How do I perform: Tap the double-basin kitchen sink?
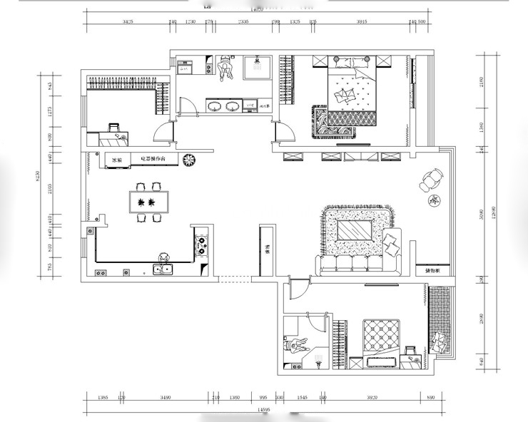(163, 269)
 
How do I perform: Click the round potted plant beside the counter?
(189, 160)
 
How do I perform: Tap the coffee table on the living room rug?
(355, 231)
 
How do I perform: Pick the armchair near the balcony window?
(430, 180)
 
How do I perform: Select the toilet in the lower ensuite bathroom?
(295, 346)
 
